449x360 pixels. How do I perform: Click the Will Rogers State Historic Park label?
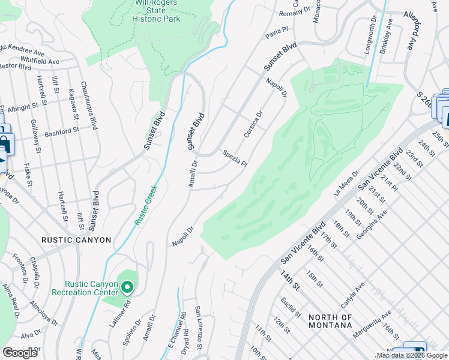(158, 11)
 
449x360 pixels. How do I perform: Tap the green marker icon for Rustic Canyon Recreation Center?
(127, 287)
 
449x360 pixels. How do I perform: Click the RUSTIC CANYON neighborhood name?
(76, 240)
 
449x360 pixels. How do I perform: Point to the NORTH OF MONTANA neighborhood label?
(330, 321)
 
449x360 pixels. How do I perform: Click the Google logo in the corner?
(20, 353)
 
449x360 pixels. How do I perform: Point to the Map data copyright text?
(412, 355)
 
